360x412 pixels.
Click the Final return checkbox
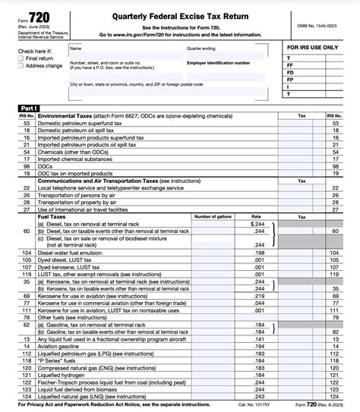[x=21, y=58]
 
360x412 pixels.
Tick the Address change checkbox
[x=21, y=66]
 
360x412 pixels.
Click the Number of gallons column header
[x=213, y=216]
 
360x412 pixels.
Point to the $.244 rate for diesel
[x=257, y=224]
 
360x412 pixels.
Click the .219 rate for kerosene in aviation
[x=258, y=295]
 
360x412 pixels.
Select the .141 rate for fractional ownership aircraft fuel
[x=258, y=338]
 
